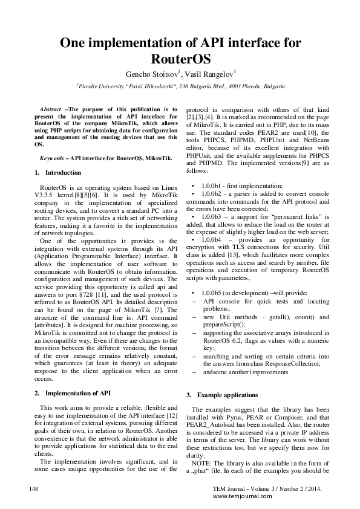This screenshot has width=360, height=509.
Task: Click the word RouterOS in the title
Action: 180,59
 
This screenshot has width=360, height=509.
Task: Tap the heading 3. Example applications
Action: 221,395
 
